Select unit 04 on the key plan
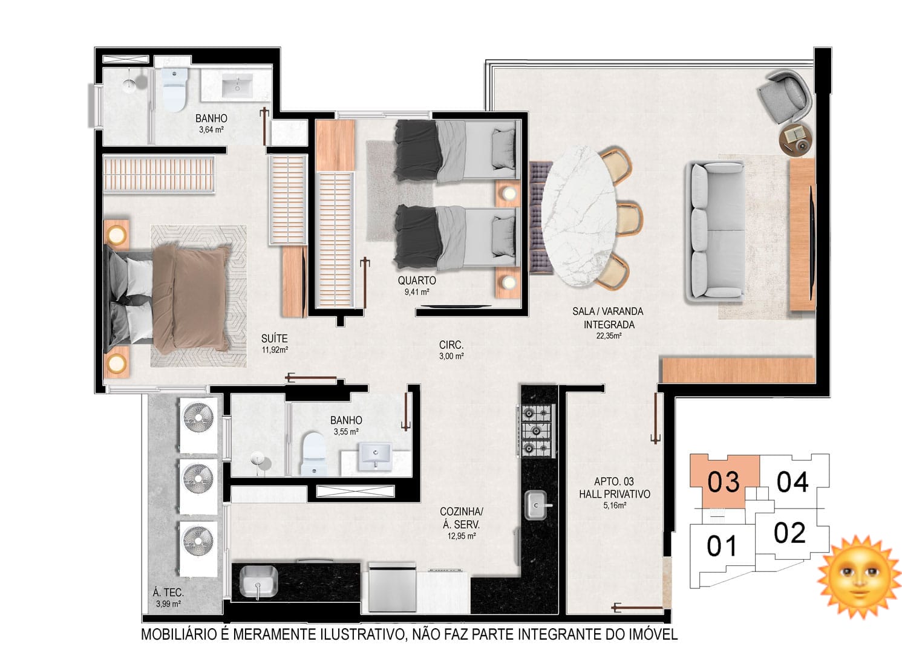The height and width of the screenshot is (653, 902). click(x=793, y=482)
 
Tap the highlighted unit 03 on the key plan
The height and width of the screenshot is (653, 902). click(x=724, y=482)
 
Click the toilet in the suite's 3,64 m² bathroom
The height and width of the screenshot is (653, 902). click(x=175, y=89)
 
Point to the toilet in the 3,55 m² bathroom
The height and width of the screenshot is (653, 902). click(x=313, y=453)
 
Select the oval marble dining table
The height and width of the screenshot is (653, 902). click(x=579, y=216)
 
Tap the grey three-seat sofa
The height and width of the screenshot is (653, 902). click(x=714, y=232)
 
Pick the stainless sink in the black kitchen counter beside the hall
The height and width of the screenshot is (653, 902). click(x=537, y=505)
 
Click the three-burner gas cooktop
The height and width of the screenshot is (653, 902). click(x=537, y=430)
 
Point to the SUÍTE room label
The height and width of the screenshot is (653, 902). click(x=274, y=339)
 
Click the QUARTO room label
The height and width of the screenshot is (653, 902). click(x=417, y=281)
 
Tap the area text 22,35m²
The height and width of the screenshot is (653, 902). click(x=609, y=336)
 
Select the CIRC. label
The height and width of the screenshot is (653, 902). click(x=451, y=345)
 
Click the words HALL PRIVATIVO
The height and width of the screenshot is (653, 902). click(x=615, y=494)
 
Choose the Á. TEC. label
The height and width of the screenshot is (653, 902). click(x=168, y=593)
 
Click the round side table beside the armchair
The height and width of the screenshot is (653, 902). click(x=796, y=138)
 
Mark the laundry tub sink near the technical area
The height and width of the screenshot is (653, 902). click(x=258, y=582)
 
